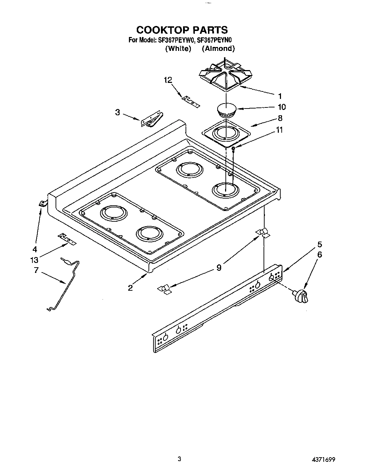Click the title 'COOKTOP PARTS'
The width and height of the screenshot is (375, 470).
coord(182,30)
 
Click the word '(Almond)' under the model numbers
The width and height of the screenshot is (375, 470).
coord(218,48)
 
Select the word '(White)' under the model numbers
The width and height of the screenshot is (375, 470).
coord(178,48)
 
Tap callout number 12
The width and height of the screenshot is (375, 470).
coord(168,80)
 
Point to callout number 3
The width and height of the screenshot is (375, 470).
coord(117,112)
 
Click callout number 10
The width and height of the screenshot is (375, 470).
coord(281,107)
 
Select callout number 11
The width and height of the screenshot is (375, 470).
coord(280,130)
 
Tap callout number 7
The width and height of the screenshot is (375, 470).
coord(36,270)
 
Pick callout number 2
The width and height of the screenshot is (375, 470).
coord(131,288)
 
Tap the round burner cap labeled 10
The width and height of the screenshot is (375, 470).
coord(226,109)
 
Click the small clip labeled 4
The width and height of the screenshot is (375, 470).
coord(43,203)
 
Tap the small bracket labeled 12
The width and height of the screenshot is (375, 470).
coord(191,102)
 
